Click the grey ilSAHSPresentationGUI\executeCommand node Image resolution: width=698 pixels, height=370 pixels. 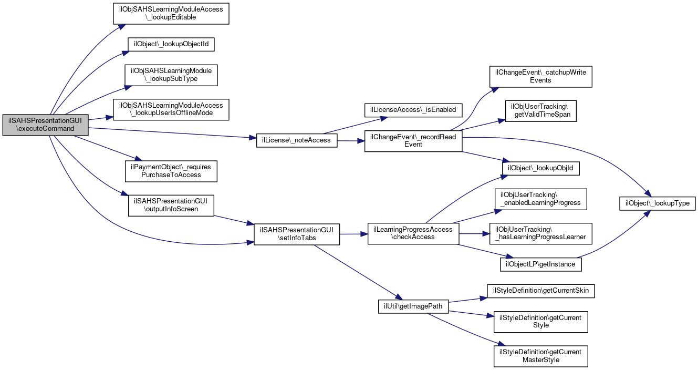coord(45,125)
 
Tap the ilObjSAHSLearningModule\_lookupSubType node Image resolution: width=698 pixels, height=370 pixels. coord(171,76)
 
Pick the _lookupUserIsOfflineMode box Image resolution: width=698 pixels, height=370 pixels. coord(171,109)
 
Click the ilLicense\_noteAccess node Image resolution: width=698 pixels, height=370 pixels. coord(297,140)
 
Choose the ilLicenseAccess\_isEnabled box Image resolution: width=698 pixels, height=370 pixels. coord(413,109)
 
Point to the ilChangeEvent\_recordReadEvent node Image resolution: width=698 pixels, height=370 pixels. coord(413,140)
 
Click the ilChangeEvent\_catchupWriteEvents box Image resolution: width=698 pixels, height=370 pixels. coord(540,77)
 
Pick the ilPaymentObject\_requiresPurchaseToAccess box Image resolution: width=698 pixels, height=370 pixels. coord(171,171)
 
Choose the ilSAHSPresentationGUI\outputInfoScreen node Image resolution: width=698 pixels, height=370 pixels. coord(171,205)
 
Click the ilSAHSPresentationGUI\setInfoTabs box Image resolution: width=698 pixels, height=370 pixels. coord(297,234)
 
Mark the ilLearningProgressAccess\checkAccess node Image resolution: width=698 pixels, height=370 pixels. coord(413,233)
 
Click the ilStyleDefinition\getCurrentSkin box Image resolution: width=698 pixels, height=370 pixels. coord(541,291)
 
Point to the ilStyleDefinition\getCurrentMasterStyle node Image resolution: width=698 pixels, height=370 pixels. coord(540,356)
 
